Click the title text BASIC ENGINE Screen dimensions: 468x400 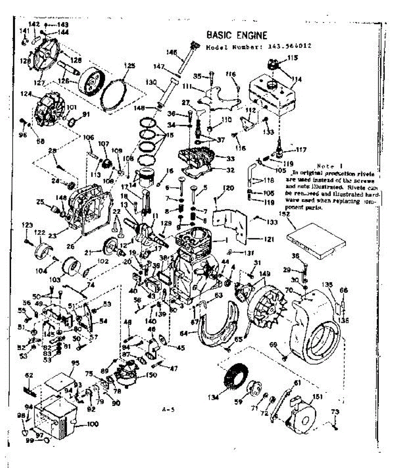click(237, 35)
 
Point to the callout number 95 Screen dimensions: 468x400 click(76, 363)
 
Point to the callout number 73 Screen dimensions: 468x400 click(335, 412)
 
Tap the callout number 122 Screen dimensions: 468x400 click(39, 233)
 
